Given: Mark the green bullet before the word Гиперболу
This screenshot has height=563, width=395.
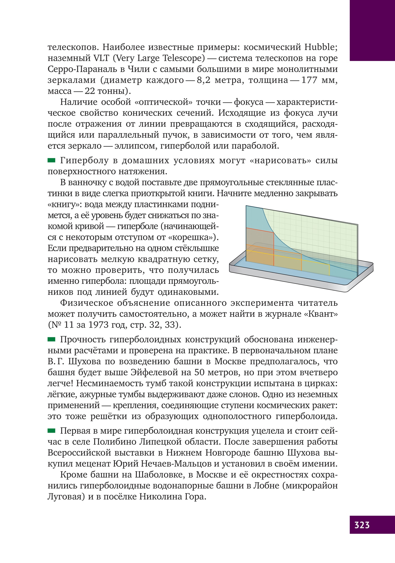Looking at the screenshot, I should [51, 160].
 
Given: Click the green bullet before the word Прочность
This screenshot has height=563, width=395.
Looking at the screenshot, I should [51, 339].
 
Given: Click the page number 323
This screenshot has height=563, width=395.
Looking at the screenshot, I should [362, 525].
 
